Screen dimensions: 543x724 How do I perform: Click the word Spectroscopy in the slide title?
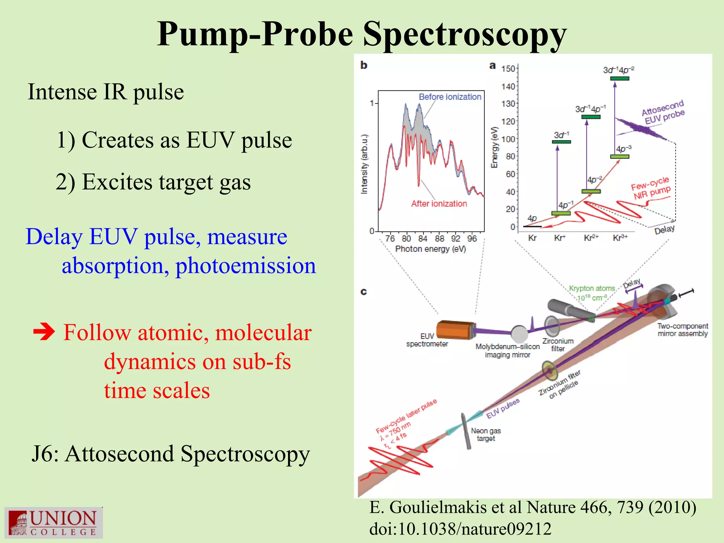click(x=465, y=34)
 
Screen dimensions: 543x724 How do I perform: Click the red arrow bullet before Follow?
click(x=44, y=332)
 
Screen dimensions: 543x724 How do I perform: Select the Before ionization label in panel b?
click(x=450, y=97)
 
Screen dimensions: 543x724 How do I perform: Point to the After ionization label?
click(x=439, y=204)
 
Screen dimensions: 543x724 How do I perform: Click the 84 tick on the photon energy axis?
click(x=423, y=239)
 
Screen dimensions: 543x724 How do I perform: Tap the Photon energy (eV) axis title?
click(x=430, y=249)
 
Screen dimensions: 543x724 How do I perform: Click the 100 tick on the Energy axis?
click(x=508, y=139)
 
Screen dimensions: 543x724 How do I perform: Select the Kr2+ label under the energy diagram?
click(x=591, y=238)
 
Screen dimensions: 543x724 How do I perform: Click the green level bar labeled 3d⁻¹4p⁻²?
click(x=619, y=78)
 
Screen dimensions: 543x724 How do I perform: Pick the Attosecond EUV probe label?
click(x=663, y=112)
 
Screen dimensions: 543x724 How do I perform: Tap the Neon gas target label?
click(x=486, y=434)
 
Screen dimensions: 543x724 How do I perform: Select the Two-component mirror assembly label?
click(x=682, y=330)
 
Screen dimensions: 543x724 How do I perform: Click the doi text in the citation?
click(x=460, y=529)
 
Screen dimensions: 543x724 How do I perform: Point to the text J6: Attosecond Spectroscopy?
click(x=170, y=454)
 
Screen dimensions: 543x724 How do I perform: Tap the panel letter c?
click(x=363, y=292)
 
